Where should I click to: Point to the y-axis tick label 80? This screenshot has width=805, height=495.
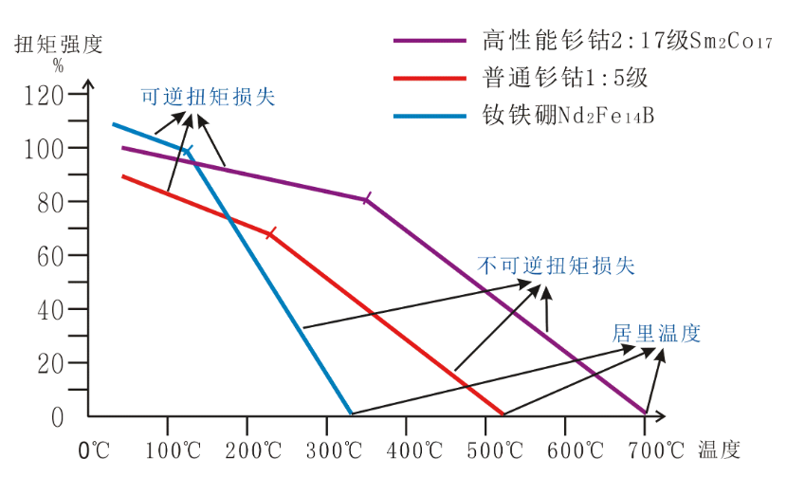click(49, 202)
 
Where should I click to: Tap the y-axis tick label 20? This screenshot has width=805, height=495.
click(49, 363)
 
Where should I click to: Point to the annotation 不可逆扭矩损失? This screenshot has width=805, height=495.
click(557, 266)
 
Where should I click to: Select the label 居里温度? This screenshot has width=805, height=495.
click(656, 333)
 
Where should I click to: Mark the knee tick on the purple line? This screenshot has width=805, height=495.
click(367, 198)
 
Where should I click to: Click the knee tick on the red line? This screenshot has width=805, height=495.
click(272, 232)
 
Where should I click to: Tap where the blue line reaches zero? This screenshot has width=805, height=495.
click(351, 413)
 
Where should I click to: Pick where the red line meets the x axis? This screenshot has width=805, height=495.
click(503, 414)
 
